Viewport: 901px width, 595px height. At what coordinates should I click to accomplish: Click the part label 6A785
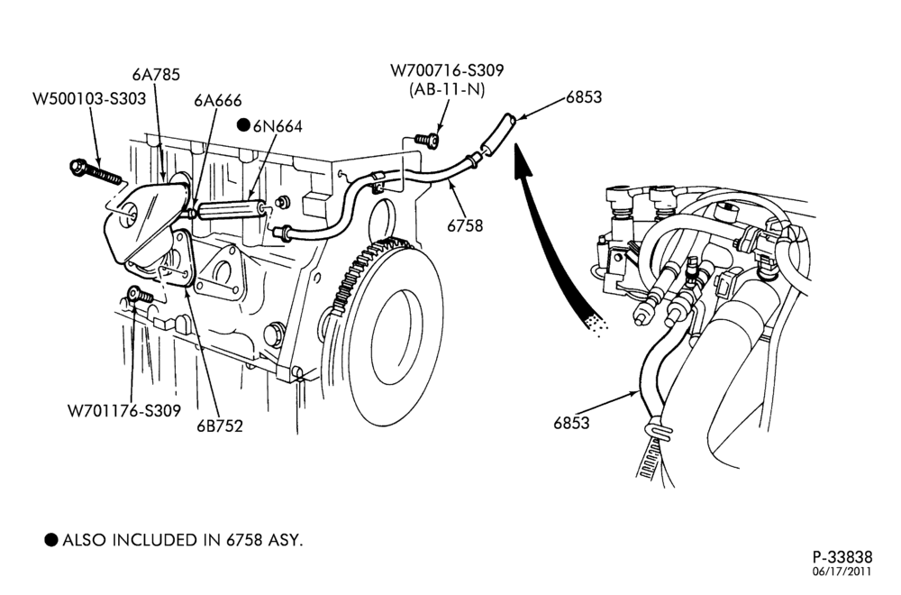tap(156, 75)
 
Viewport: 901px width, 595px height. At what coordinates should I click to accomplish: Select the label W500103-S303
tap(89, 99)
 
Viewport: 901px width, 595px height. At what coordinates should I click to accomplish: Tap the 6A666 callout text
tap(218, 101)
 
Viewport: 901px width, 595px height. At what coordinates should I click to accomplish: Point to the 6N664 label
tap(278, 126)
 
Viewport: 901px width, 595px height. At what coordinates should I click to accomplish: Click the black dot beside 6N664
tap(244, 124)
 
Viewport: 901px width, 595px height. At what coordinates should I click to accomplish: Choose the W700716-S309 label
tap(447, 70)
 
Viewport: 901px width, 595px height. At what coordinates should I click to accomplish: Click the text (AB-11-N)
tap(447, 89)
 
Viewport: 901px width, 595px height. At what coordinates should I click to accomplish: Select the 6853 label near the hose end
tap(584, 97)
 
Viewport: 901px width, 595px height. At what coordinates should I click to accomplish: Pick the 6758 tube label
tap(466, 226)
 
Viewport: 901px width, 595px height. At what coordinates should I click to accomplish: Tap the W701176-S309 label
tap(124, 411)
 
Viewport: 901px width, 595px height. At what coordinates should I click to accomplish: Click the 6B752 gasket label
tap(220, 426)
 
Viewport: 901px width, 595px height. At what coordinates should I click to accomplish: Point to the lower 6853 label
tap(572, 423)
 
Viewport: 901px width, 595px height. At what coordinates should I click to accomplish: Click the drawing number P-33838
tap(842, 557)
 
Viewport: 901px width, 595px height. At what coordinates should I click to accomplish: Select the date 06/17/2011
tap(842, 572)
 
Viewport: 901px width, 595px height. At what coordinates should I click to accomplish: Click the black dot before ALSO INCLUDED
tap(51, 540)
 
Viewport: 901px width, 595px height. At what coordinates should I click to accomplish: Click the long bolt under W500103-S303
tap(96, 171)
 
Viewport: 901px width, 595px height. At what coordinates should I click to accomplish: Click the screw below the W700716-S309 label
tap(427, 140)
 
